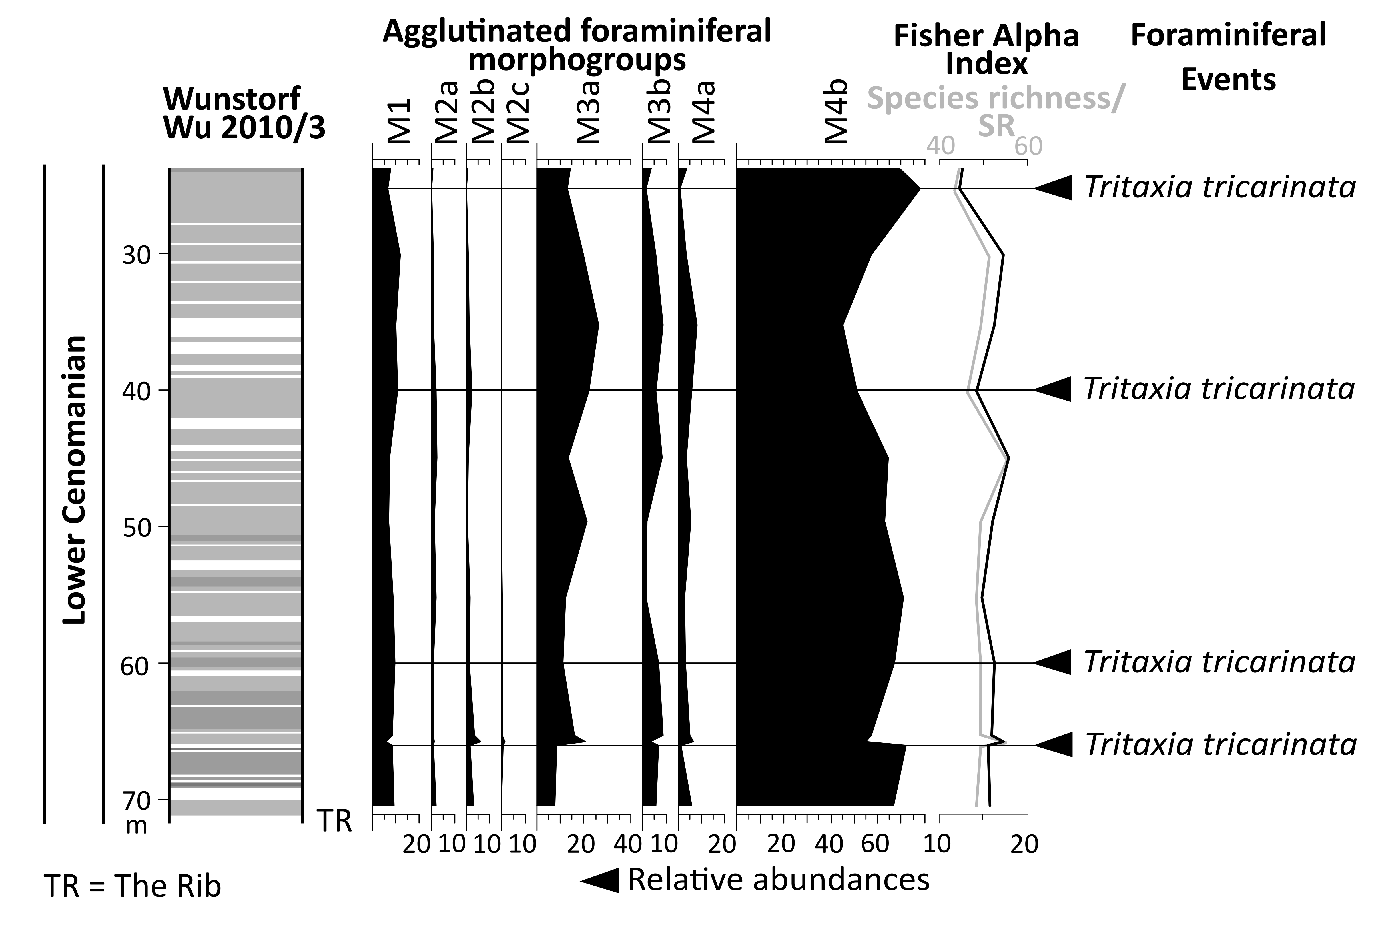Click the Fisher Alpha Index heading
986,49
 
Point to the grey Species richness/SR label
995,113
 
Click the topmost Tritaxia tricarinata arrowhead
1054,188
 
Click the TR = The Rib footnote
133,887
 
